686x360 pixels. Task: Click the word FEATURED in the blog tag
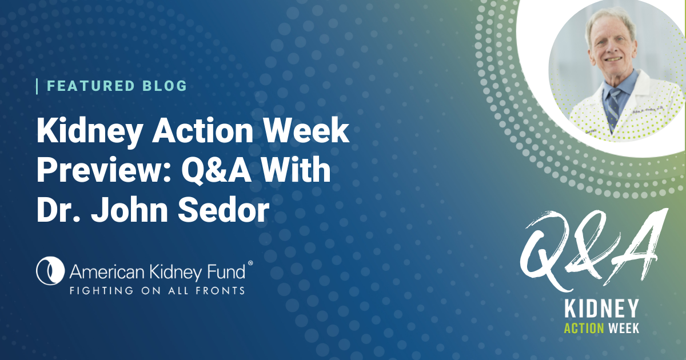click(x=91, y=86)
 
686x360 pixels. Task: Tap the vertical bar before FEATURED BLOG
click(x=37, y=86)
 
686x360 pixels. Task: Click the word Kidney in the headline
click(x=89, y=131)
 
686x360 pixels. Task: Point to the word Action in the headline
click(x=203, y=130)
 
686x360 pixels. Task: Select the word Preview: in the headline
click(x=104, y=170)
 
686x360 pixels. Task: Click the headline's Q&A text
click(x=216, y=170)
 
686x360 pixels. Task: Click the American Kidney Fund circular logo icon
click(x=50, y=271)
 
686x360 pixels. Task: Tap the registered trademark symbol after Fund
click(x=250, y=263)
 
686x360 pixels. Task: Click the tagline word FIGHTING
click(x=101, y=290)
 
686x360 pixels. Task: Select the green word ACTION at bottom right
click(x=584, y=329)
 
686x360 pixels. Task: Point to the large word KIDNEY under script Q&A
click(x=601, y=309)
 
